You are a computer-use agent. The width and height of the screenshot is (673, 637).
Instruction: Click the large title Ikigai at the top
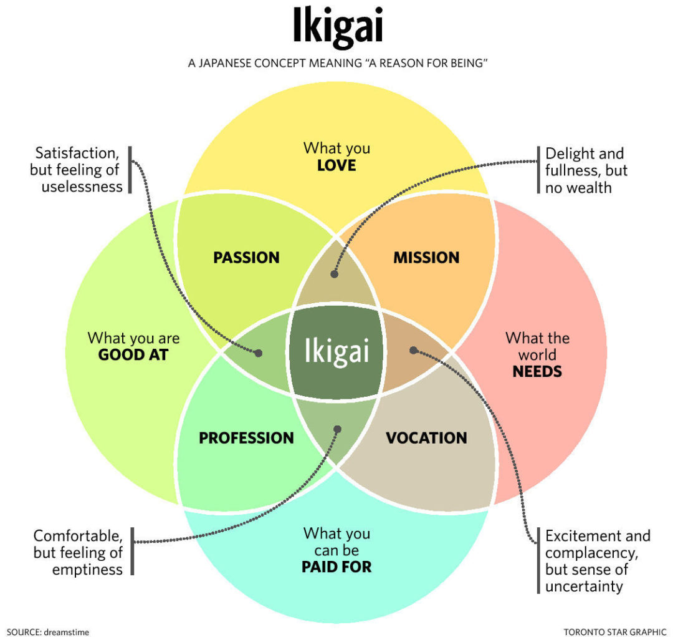pyautogui.click(x=337, y=28)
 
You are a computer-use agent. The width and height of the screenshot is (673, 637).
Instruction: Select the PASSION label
pyautogui.click(x=246, y=257)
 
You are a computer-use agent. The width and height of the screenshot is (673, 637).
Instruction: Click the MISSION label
pyautogui.click(x=426, y=257)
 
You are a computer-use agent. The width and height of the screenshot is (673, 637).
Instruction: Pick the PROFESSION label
pyautogui.click(x=246, y=438)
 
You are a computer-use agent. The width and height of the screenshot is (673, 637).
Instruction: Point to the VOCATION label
pyautogui.click(x=426, y=438)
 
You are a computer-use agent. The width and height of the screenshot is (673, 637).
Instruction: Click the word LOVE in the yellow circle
pyautogui.click(x=336, y=165)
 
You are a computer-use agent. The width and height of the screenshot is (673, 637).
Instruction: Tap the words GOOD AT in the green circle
pyautogui.click(x=133, y=355)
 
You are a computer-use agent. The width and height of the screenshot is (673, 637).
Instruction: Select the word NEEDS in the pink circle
pyautogui.click(x=537, y=372)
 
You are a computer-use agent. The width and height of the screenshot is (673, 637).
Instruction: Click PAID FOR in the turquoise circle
pyautogui.click(x=336, y=567)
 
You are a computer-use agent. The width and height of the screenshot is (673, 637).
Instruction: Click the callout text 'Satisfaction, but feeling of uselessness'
pyautogui.click(x=77, y=170)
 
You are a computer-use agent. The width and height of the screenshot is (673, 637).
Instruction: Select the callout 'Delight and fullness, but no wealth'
pyautogui.click(x=586, y=170)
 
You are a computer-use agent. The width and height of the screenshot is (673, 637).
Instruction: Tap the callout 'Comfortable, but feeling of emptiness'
pyautogui.click(x=79, y=552)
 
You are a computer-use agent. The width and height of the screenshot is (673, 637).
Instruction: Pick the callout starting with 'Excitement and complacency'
pyautogui.click(x=597, y=560)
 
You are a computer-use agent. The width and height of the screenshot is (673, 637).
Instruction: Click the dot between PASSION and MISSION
pyautogui.click(x=335, y=274)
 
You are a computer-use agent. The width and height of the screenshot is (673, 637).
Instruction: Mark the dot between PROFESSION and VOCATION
pyautogui.click(x=338, y=429)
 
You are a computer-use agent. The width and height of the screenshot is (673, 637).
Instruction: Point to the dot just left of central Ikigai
pyautogui.click(x=259, y=353)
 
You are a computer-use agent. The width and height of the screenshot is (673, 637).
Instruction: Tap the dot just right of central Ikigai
pyautogui.click(x=413, y=350)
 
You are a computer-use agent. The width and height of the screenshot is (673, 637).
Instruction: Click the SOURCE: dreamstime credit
pyautogui.click(x=48, y=631)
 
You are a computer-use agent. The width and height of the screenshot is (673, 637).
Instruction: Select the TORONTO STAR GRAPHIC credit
pyautogui.click(x=614, y=631)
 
